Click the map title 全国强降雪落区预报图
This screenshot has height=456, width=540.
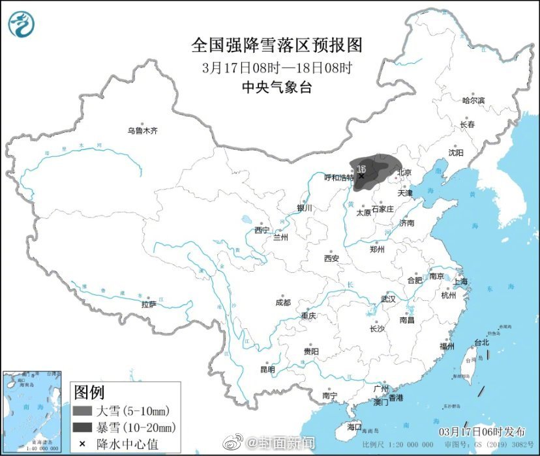coord(277,45)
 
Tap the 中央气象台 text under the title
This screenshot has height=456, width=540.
coord(277,87)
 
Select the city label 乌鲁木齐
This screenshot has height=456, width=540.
coord(142,131)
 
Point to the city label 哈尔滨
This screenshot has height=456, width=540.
coord(473,100)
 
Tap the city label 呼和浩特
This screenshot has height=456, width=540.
coord(339,177)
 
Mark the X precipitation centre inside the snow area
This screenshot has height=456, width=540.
coord(361,175)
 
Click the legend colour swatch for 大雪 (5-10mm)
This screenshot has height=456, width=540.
coord(82,411)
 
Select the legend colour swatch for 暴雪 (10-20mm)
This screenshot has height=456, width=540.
coord(82,427)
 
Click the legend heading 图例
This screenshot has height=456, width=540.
coord(89,393)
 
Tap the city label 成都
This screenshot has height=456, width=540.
coord(283,302)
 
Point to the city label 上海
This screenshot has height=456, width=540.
coord(461,281)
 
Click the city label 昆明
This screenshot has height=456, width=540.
coord(267,369)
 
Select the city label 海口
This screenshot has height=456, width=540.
coord(354,427)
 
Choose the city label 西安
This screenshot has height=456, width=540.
coord(331,259)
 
